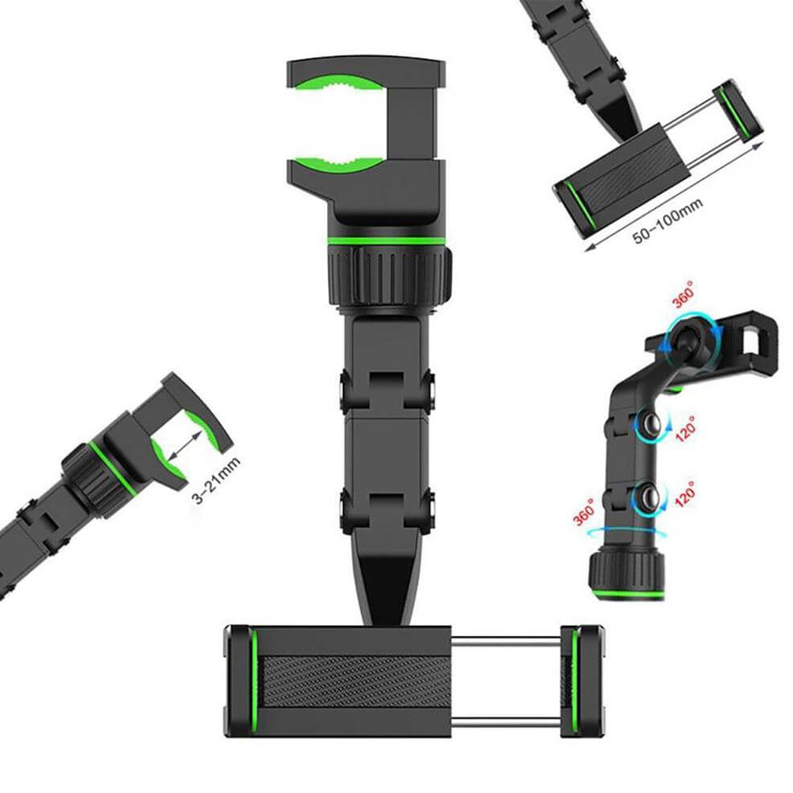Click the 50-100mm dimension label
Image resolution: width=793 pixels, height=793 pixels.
[668, 220]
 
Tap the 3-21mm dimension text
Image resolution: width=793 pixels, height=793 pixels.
[216, 480]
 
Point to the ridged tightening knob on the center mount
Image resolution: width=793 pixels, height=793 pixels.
[390, 276]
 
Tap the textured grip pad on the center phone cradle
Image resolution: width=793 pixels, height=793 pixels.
[356, 682]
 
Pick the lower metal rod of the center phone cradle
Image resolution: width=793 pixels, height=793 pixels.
[505, 721]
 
